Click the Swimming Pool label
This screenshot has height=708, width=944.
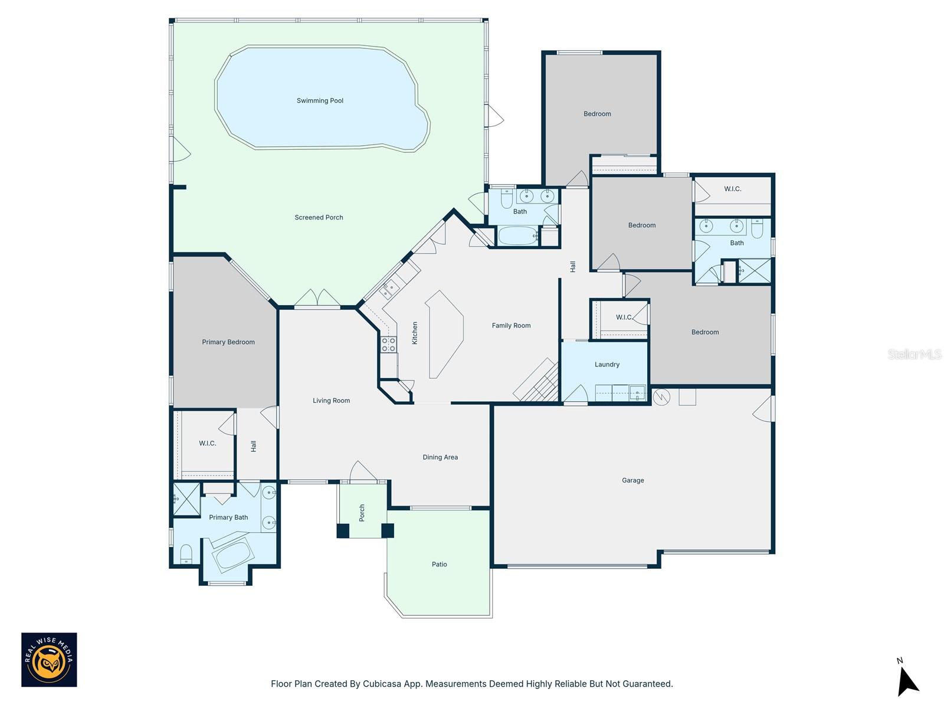click(x=320, y=101)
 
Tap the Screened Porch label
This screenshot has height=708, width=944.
click(x=319, y=218)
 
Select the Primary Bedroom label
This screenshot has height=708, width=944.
click(x=228, y=342)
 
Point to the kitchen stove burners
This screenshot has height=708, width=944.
click(x=388, y=345)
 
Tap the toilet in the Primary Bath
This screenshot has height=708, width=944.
click(x=186, y=554)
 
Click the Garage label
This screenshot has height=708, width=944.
click(x=632, y=480)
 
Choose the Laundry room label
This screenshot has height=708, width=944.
click(x=607, y=365)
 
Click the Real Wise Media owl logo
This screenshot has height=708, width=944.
click(x=49, y=660)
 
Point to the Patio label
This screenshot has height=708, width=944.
click(x=439, y=565)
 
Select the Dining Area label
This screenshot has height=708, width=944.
click(x=440, y=457)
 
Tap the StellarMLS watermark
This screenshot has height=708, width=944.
click(x=914, y=354)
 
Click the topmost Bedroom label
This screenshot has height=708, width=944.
click(x=597, y=114)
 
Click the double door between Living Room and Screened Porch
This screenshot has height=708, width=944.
click(x=317, y=299)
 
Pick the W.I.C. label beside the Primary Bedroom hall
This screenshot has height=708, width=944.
click(x=207, y=443)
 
